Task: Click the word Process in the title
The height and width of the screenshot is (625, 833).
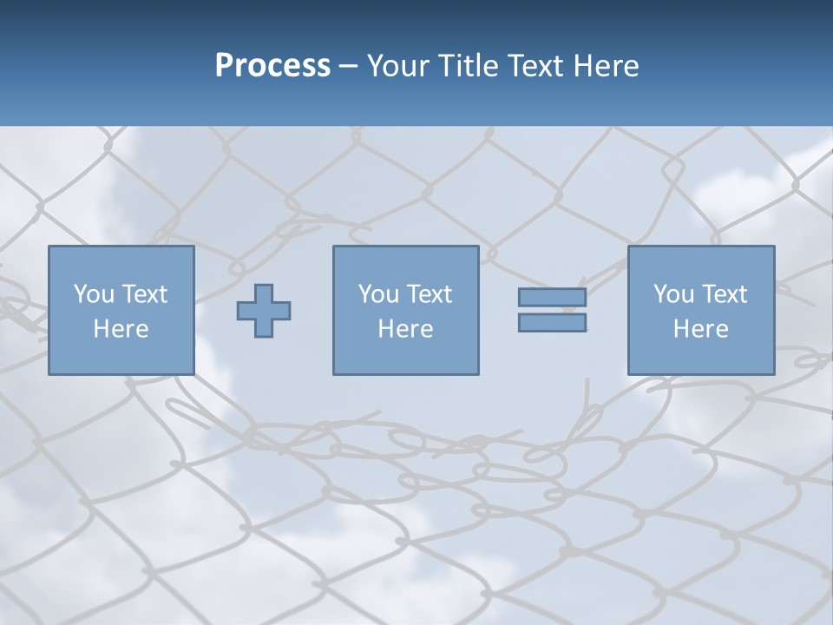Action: pyautogui.click(x=272, y=66)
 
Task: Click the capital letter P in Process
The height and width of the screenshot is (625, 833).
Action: pyautogui.click(x=224, y=66)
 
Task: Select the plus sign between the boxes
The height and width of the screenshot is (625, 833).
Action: pyautogui.click(x=264, y=311)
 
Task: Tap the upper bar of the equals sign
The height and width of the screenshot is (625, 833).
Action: pyautogui.click(x=552, y=298)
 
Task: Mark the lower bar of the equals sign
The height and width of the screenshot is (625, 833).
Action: pyautogui.click(x=552, y=323)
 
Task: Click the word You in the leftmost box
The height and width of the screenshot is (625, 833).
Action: pyautogui.click(x=94, y=294)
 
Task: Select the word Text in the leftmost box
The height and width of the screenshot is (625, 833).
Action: pyautogui.click(x=144, y=294)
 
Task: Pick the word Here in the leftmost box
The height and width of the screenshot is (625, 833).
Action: pyautogui.click(x=121, y=329)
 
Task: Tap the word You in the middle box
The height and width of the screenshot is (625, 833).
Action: pyautogui.click(x=378, y=294)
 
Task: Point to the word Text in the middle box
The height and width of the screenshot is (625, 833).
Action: pyautogui.click(x=429, y=294)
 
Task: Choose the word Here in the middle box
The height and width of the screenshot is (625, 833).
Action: pyautogui.click(x=405, y=329)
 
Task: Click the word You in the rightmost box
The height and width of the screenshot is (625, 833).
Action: pyautogui.click(x=673, y=294)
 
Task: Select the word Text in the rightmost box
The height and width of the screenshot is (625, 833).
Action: pyautogui.click(x=724, y=294)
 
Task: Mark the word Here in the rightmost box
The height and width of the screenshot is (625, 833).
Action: pyautogui.click(x=700, y=329)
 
